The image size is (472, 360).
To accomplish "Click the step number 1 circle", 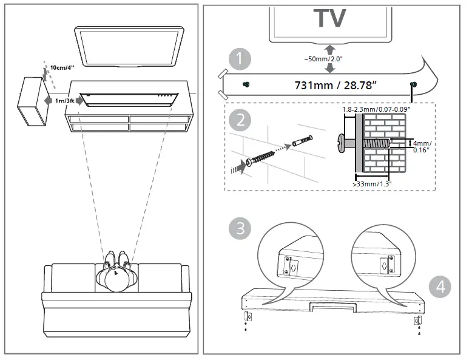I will (x=241, y=59).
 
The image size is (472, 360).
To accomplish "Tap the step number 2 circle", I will (x=241, y=119).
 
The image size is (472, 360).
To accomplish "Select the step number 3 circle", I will (x=241, y=228).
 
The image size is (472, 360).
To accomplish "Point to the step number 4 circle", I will (x=440, y=287).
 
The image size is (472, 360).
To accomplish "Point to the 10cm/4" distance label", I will (x=62, y=67).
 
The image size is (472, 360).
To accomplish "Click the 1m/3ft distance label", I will (x=64, y=100).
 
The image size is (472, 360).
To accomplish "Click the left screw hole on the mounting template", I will (x=246, y=84).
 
